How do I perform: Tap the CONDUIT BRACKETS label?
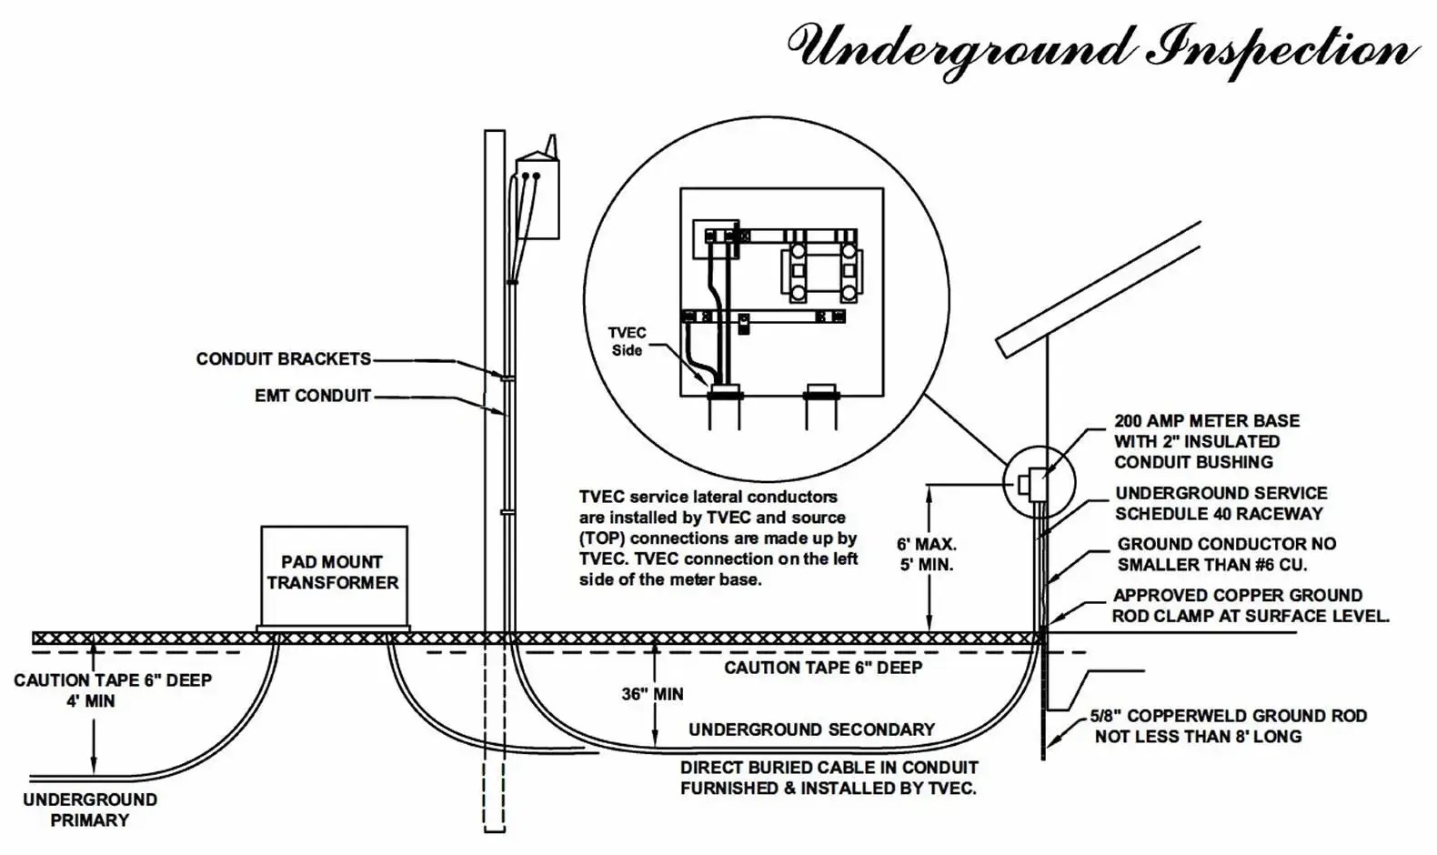284,359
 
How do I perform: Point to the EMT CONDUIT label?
313,397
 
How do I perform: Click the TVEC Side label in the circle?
627,342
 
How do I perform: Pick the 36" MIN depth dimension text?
653,694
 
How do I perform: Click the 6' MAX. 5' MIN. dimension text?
926,555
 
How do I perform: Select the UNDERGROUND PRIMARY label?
89,810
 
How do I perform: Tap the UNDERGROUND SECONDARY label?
811,729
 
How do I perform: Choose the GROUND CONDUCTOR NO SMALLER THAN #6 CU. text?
1226,554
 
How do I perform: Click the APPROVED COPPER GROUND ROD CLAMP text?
1250,606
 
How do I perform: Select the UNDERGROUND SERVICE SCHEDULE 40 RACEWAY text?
1221,503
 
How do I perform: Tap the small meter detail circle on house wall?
1039,483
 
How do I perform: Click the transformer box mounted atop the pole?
537,197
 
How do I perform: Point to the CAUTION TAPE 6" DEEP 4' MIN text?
113,690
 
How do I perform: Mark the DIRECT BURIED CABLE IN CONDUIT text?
829,778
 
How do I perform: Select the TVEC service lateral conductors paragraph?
718,538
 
